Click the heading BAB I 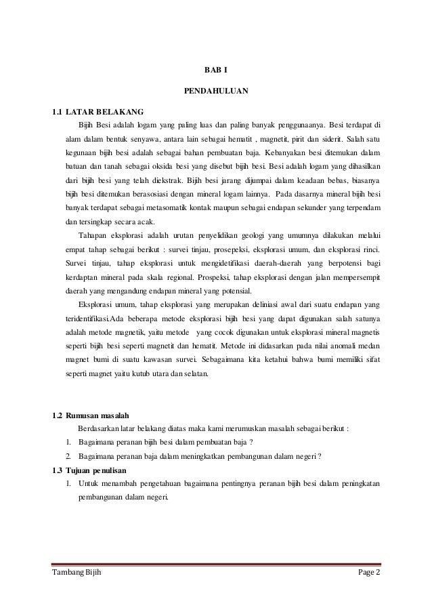point(216,69)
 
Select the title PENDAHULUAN point(216,89)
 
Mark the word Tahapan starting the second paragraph point(93,236)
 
